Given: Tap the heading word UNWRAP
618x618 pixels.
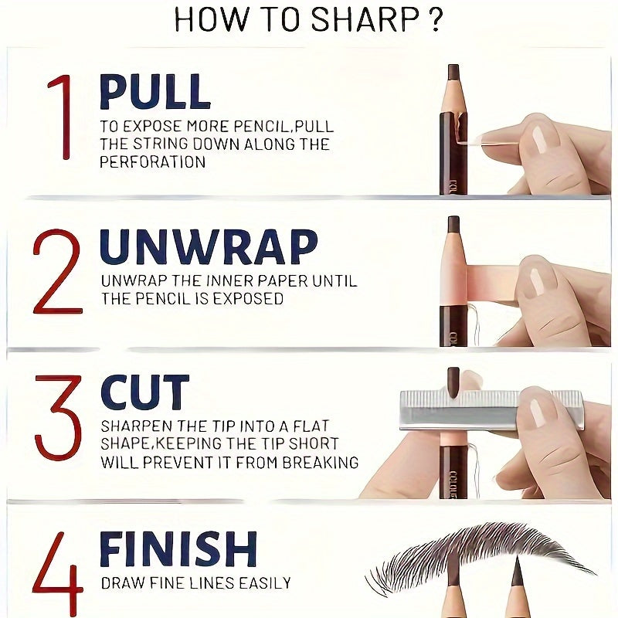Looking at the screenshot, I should pyautogui.click(x=209, y=247).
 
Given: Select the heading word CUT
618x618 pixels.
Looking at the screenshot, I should pyautogui.click(x=144, y=392).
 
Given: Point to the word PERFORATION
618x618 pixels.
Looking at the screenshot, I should pyautogui.click(x=152, y=162).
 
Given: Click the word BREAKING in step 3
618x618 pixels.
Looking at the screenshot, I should pyautogui.click(x=318, y=463).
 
